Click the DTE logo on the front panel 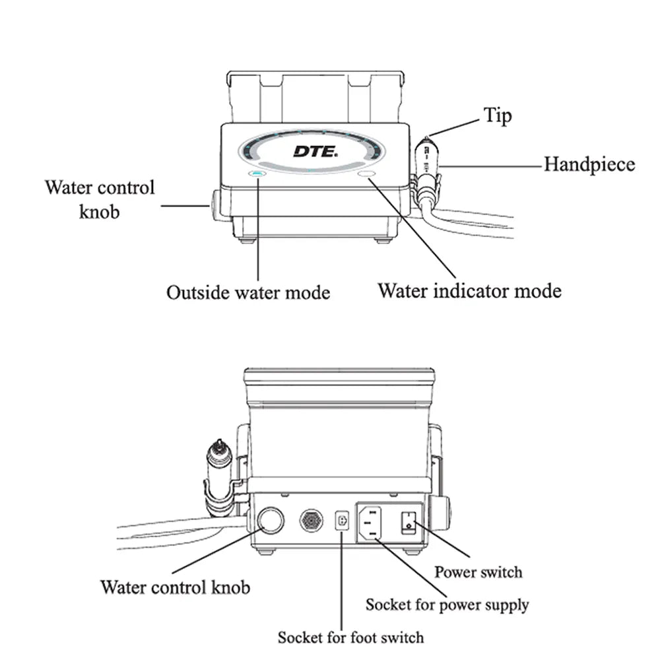pos(315,151)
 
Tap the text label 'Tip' pos(498,116)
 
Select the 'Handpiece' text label pos(589,164)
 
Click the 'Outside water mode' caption pos(247,292)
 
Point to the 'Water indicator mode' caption pos(469,290)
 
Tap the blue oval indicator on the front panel pos(255,174)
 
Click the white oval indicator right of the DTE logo pos(366,174)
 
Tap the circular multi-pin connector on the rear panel pos(312,521)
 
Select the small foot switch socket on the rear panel pos(342,521)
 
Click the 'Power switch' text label pos(478,572)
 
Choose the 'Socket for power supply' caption pos(447,604)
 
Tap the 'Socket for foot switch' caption pos(350,638)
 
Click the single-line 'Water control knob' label pos(175,586)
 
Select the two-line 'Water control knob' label pos(100,199)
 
